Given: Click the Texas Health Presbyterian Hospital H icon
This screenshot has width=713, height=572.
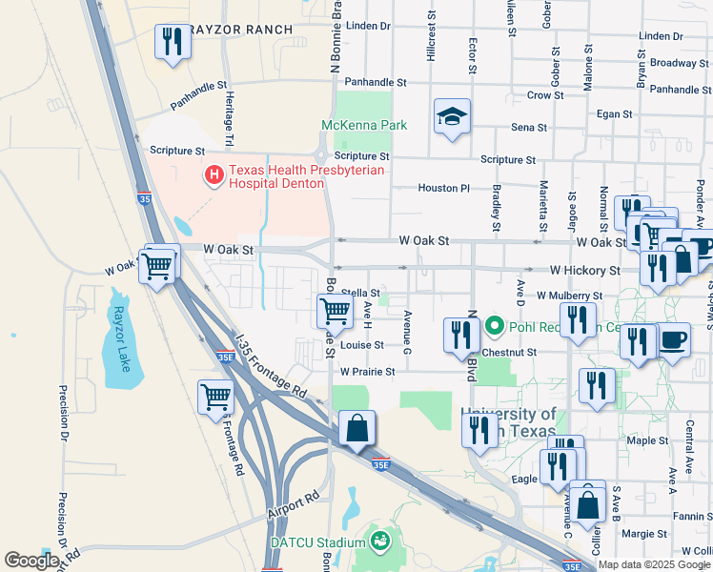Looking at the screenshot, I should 214,174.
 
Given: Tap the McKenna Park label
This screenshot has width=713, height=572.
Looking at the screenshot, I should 364,125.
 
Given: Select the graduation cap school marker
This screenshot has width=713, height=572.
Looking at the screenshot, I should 452,117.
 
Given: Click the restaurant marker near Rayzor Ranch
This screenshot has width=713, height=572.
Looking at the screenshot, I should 173,42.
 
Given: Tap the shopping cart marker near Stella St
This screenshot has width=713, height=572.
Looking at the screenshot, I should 335,310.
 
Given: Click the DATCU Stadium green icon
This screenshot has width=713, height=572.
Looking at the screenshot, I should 381,541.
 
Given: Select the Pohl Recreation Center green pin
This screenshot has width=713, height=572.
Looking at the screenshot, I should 494,327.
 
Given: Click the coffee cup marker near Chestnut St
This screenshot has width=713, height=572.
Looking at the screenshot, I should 674,340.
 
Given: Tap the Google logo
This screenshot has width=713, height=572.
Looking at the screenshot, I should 31,561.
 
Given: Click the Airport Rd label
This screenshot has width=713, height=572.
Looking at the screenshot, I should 294,506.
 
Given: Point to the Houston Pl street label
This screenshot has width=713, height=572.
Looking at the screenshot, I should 443,188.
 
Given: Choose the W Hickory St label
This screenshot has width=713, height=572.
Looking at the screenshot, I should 584,271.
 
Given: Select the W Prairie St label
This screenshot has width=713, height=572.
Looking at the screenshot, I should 368,372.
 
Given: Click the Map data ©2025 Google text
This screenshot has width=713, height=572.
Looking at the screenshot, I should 654,564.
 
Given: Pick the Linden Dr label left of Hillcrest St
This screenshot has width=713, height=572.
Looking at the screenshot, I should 369,26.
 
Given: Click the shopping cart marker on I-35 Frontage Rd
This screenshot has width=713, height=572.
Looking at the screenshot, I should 216,396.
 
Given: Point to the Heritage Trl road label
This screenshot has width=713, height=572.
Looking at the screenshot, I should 229,119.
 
